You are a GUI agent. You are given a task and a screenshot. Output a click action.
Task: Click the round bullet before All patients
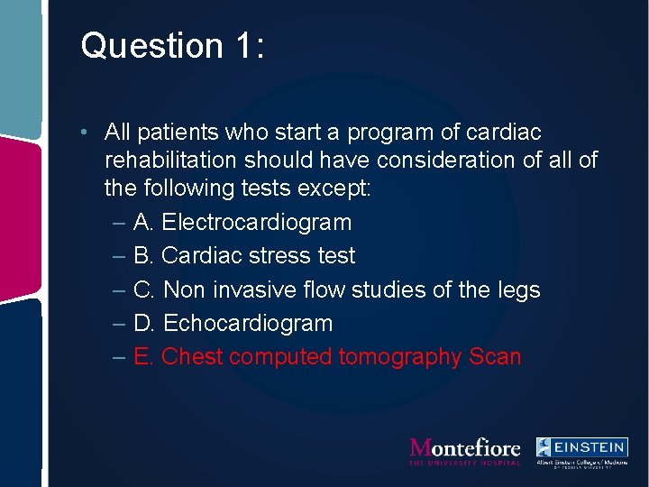pos(82,133)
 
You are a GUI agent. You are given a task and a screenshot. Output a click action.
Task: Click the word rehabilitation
pos(170,161)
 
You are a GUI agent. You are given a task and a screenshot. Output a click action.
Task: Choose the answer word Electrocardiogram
pos(257,222)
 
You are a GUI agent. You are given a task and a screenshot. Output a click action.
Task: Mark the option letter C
pos(143,289)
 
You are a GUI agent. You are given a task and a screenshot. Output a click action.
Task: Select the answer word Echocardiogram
pos(248,323)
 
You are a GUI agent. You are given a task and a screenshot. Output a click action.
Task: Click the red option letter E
pos(143,357)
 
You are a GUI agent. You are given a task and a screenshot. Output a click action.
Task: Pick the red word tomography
pos(400,357)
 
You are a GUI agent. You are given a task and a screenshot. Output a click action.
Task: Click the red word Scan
pos(495,357)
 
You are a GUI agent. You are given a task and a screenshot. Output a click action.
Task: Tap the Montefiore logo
pos(465,450)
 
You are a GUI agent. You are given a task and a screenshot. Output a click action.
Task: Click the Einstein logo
pos(581,451)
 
